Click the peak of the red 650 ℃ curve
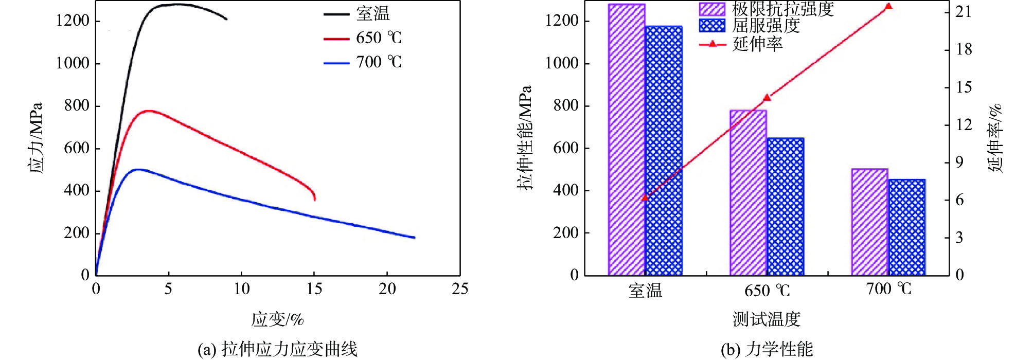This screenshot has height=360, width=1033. pyautogui.click(x=148, y=111)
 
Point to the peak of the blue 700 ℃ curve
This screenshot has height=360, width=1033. pyautogui.click(x=138, y=169)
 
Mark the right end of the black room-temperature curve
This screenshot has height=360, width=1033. pyautogui.click(x=226, y=19)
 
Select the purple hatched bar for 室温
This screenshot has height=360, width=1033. pyautogui.click(x=627, y=139)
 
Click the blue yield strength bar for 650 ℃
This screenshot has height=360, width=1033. pyautogui.click(x=785, y=206)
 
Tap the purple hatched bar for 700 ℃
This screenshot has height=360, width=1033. pyautogui.click(x=869, y=221)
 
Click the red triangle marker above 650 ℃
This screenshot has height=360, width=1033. pyautogui.click(x=767, y=98)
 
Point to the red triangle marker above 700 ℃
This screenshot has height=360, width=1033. pyautogui.click(x=888, y=7)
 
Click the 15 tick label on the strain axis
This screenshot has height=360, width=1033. pyautogui.click(x=314, y=289)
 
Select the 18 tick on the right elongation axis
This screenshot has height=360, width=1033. pyautogui.click(x=964, y=49)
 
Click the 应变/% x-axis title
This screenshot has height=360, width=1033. pyautogui.click(x=277, y=319)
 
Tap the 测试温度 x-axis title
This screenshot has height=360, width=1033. pyautogui.click(x=766, y=319)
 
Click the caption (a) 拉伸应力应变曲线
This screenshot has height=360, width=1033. pyautogui.click(x=277, y=350)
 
